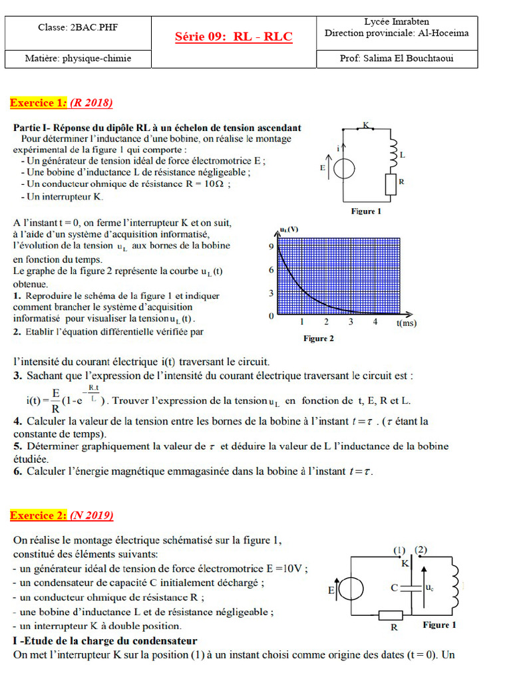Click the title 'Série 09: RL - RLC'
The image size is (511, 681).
[x=233, y=37]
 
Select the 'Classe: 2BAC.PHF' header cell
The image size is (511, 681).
[x=78, y=27]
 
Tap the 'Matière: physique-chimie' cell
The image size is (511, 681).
[x=78, y=59]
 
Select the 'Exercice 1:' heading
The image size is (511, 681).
[x=39, y=102]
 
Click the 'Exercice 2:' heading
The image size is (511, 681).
[x=39, y=515]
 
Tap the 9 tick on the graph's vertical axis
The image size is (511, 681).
[x=271, y=246]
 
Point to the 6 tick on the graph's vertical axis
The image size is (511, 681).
[x=271, y=270]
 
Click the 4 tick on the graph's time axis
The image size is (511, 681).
[x=375, y=322]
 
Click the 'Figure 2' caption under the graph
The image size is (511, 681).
[x=319, y=339]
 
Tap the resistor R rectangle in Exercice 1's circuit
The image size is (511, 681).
[x=391, y=184]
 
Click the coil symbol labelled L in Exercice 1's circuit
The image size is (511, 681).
[x=391, y=152]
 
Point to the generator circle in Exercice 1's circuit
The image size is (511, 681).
[x=343, y=169]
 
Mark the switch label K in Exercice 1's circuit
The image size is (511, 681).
[x=365, y=125]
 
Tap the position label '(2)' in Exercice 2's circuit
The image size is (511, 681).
[x=421, y=550]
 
